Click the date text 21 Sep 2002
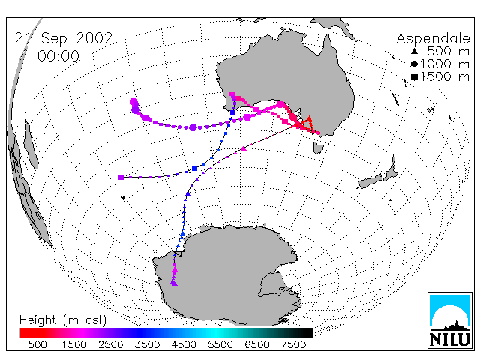[x=64, y=38]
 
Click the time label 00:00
[x=58, y=56]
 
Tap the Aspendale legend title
[x=433, y=39]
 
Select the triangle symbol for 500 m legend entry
[x=414, y=51]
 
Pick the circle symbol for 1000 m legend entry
[x=414, y=64]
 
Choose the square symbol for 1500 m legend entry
[x=414, y=76]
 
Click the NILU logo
[x=450, y=320]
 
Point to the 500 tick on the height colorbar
[x=37, y=345]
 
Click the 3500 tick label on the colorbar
[x=147, y=345]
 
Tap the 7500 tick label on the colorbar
[x=293, y=345]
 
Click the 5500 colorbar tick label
[x=220, y=345]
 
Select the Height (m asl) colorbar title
[x=63, y=320]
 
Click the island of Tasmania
[x=318, y=148]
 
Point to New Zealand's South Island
[x=370, y=181]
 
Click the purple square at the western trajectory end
[x=121, y=177]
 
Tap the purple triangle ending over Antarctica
[x=174, y=283]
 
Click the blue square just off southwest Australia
[x=233, y=113]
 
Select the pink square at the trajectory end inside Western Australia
[x=232, y=94]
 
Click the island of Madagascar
[x=31, y=145]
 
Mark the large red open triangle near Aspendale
[x=309, y=120]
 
